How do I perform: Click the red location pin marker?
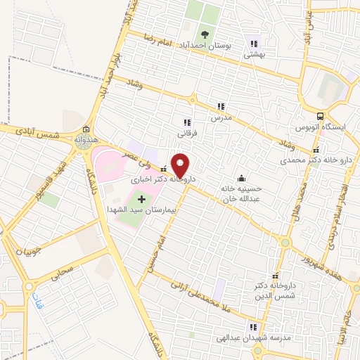tap(181, 165)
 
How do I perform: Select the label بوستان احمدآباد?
tap(207, 45)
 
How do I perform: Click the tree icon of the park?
tap(205, 33)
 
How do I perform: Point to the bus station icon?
tap(320, 116)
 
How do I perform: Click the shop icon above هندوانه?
tap(86, 129)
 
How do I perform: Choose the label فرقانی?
tap(186, 132)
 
